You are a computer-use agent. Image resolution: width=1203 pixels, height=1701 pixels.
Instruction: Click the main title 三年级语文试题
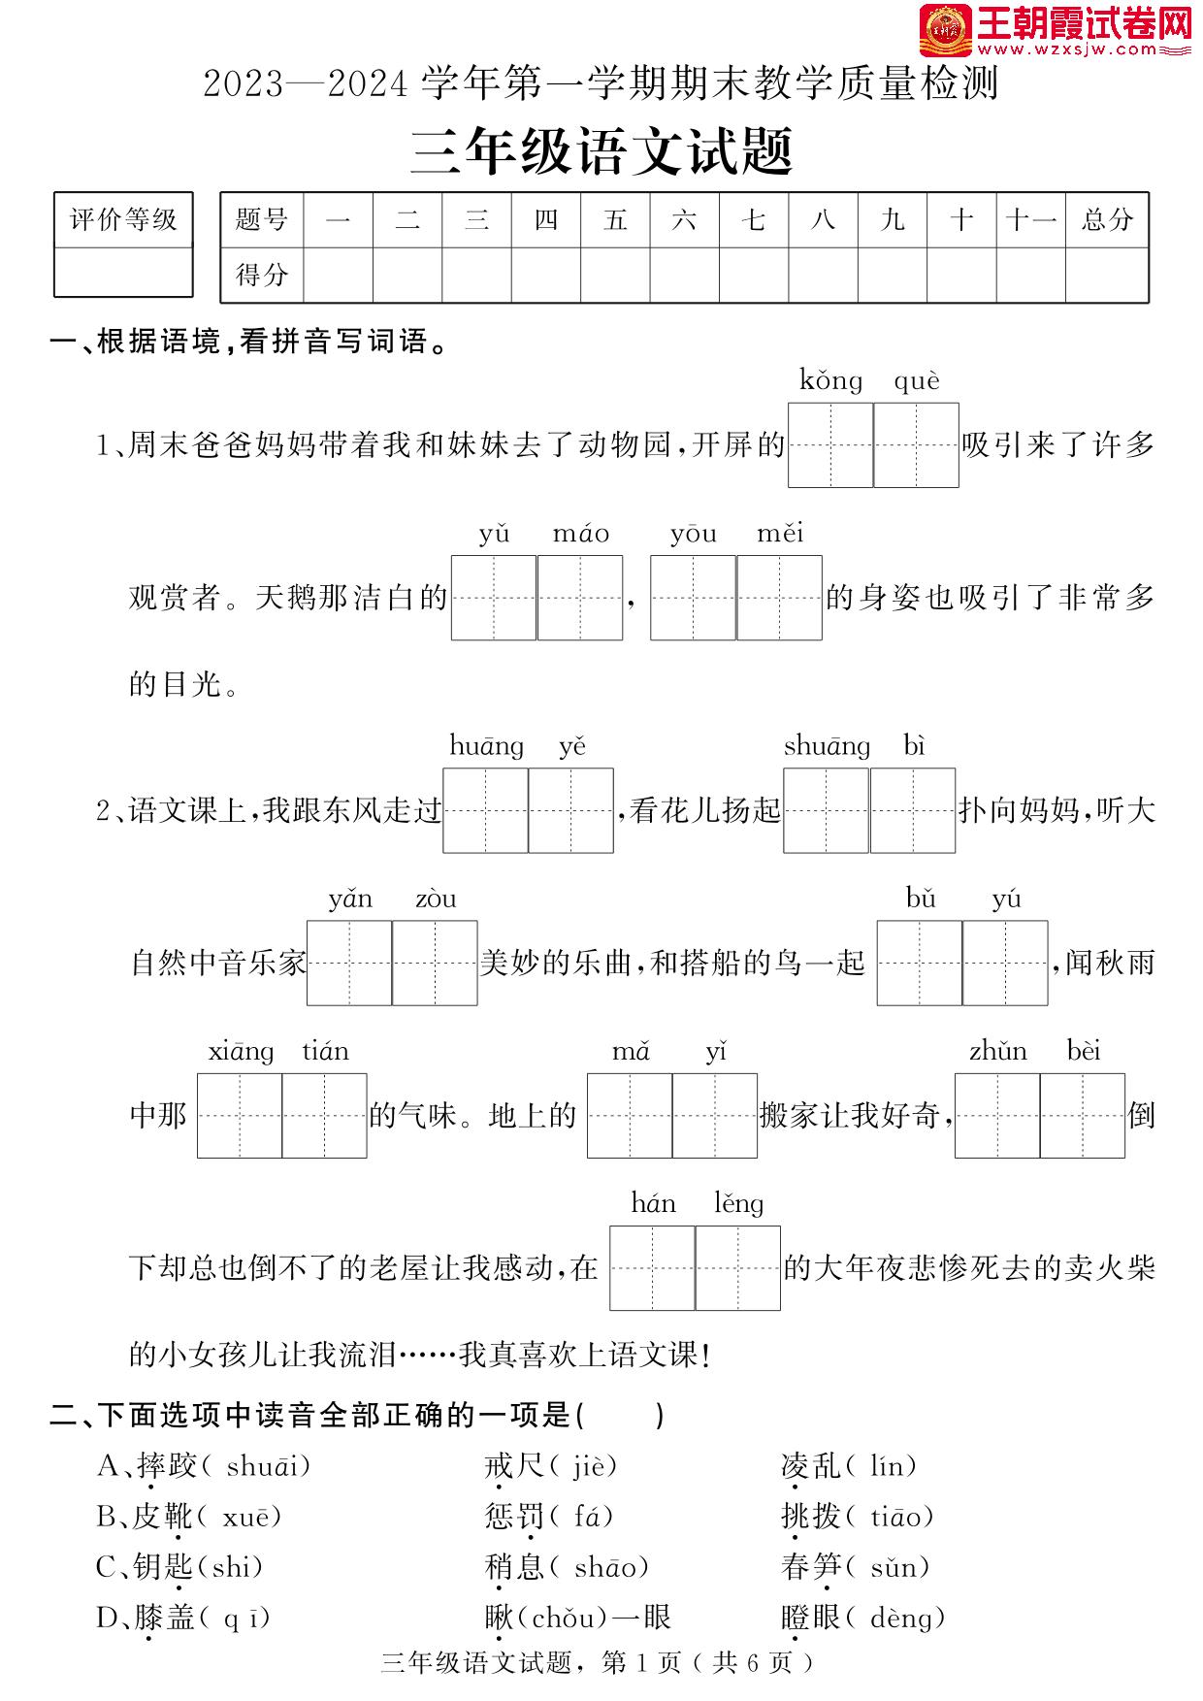click(601, 153)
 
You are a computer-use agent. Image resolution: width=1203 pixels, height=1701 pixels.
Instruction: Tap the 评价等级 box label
click(123, 220)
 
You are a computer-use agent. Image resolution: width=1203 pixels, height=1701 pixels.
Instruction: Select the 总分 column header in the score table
click(1107, 220)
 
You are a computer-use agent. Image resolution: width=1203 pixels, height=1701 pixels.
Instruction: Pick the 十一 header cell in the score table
click(1030, 220)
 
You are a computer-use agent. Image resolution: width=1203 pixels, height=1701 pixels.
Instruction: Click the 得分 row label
click(262, 276)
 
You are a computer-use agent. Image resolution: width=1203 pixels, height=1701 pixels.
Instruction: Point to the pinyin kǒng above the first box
click(830, 380)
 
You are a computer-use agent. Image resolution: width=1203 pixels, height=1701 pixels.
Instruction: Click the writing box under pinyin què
click(916, 445)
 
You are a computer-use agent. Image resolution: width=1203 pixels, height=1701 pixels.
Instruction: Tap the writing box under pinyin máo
click(580, 598)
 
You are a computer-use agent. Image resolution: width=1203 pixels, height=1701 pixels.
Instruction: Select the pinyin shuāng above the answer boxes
click(827, 746)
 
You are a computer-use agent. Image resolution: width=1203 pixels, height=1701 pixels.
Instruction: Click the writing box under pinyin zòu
click(435, 963)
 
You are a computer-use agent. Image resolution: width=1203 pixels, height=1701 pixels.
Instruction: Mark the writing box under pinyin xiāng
click(240, 1116)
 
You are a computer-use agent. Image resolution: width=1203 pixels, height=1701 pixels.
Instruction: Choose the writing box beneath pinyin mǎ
click(630, 1116)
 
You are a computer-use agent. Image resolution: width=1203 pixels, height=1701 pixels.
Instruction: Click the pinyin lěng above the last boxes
click(738, 1204)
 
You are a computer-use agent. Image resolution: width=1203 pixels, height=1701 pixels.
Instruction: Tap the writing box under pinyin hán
click(652, 1268)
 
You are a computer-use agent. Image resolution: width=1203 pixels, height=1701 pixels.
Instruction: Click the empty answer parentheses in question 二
click(621, 1416)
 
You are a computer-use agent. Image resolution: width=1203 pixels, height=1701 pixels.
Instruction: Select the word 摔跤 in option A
click(167, 1466)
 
